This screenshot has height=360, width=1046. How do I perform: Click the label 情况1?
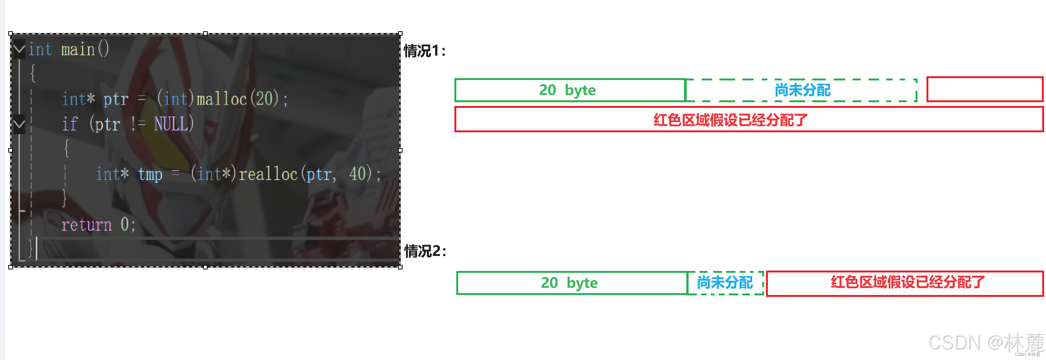[x=424, y=51]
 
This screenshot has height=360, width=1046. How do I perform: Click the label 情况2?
[x=425, y=251]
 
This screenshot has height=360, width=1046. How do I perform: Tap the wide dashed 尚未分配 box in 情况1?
[x=802, y=90]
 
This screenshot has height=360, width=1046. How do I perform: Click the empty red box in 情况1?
[x=984, y=89]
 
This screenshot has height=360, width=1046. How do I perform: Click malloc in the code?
[x=222, y=100]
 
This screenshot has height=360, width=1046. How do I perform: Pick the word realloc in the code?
[x=268, y=174]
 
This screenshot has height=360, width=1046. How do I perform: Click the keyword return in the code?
[x=86, y=225]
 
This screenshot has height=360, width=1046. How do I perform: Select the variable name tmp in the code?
[x=150, y=174]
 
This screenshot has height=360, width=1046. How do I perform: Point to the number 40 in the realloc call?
[x=357, y=174]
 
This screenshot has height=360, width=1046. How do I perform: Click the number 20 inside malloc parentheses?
[x=264, y=100]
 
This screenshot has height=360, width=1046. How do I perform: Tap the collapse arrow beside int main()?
[x=19, y=49]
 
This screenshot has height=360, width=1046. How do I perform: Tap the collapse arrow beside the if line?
[x=19, y=123]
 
